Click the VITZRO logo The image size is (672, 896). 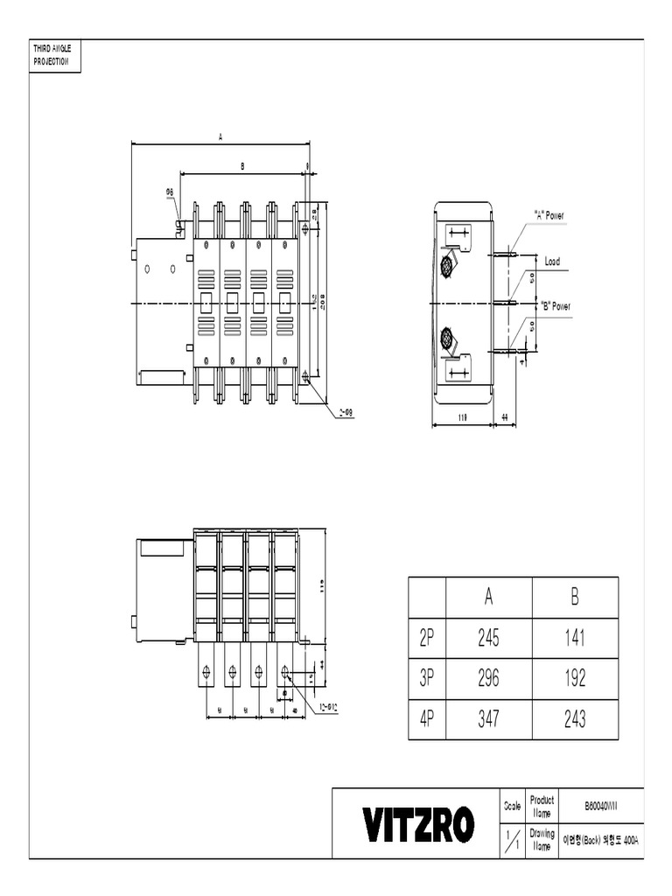(x=419, y=823)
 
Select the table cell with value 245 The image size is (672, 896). (x=488, y=639)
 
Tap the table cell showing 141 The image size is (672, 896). (x=574, y=639)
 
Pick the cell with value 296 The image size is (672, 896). (x=488, y=679)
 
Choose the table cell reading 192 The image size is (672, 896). (x=574, y=679)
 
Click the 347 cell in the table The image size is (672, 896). (x=488, y=719)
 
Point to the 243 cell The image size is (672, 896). (x=574, y=719)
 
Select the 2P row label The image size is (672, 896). (x=427, y=639)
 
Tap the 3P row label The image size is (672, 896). (x=427, y=679)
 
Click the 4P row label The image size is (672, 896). (x=427, y=719)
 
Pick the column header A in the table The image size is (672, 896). (x=488, y=597)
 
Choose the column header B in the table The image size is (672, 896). (x=574, y=597)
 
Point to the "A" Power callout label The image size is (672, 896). (x=549, y=215)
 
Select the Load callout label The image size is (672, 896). (x=552, y=261)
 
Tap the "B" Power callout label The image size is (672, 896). (x=555, y=306)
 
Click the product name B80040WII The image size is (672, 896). (x=600, y=805)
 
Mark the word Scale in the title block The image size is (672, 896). (x=513, y=805)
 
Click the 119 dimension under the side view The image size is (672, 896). (x=461, y=418)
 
